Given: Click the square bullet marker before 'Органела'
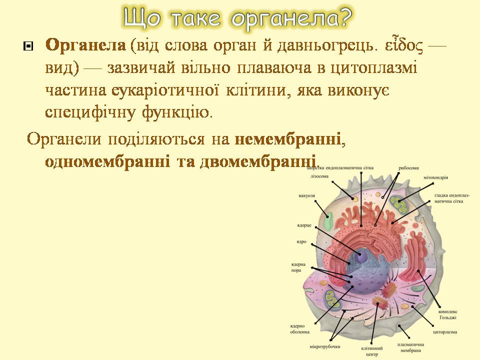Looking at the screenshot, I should point(27,47).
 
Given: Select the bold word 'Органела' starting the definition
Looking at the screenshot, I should point(84,45).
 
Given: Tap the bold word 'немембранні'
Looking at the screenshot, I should point(288,139).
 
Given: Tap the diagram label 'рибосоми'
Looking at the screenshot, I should point(408,168).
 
